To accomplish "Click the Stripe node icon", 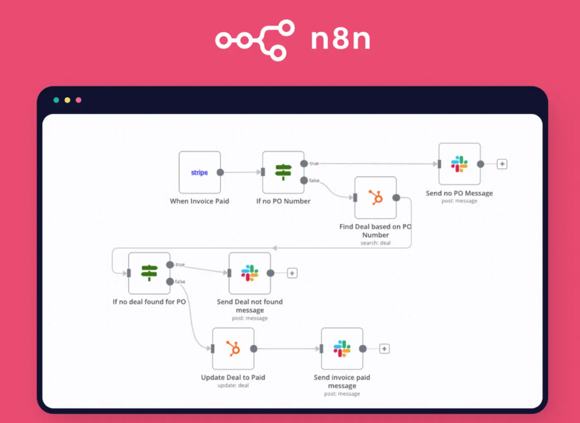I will (x=199, y=172).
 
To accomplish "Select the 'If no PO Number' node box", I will (x=283, y=172).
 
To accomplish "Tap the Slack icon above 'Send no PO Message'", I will (x=459, y=164).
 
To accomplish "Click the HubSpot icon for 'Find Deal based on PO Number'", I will (x=376, y=197).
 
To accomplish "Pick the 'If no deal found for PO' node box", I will (x=149, y=273).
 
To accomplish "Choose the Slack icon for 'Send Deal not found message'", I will (x=250, y=273).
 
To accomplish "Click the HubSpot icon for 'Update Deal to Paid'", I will (x=233, y=349).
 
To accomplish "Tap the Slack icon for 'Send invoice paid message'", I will (x=342, y=349).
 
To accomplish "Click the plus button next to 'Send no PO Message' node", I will (x=502, y=164).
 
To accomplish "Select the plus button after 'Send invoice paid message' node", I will (x=385, y=349).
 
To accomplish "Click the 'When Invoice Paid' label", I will (x=199, y=201).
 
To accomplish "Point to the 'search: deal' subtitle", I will (x=376, y=243).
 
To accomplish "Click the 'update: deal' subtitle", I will (x=233, y=386).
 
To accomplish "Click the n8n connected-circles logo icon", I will (x=255, y=40).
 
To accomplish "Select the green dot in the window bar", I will (x=56, y=100).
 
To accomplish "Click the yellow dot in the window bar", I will (x=67, y=100).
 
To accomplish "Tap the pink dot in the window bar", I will (x=79, y=100).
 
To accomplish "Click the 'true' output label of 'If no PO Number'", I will (x=314, y=163).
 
